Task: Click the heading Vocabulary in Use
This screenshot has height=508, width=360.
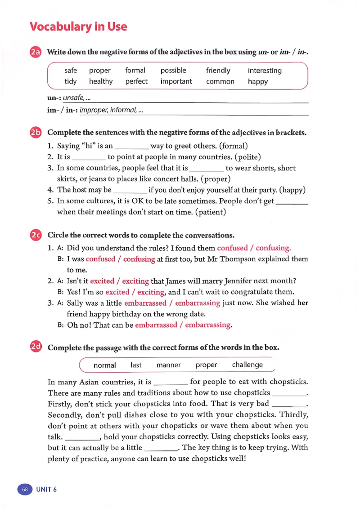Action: coord(78,27)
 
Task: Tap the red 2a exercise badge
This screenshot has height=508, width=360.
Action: coord(36,52)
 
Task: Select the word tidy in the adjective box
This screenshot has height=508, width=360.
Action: coord(71,82)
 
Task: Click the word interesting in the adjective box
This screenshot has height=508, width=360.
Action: coord(265,71)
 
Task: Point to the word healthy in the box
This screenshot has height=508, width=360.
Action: coord(101,82)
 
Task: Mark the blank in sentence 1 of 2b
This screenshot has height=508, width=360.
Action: coord(132,147)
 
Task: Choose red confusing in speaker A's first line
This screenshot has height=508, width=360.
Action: coord(273,248)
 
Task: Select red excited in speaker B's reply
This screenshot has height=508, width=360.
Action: coord(117,292)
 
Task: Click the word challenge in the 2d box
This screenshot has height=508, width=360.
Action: coord(247,365)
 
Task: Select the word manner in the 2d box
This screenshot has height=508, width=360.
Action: coord(168,365)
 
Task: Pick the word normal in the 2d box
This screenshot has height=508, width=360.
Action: coord(104,365)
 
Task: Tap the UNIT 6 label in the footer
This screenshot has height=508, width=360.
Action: coord(47,490)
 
